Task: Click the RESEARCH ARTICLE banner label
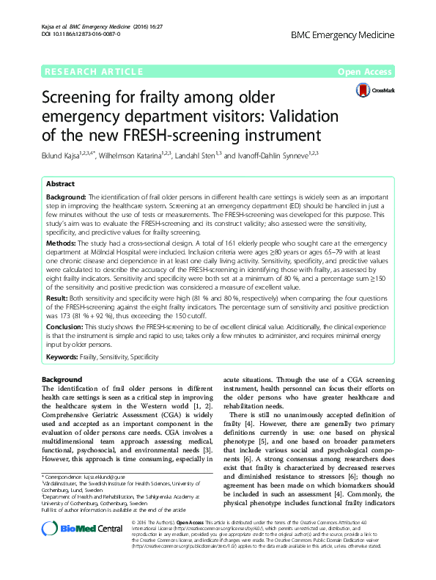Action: click(93, 72)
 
